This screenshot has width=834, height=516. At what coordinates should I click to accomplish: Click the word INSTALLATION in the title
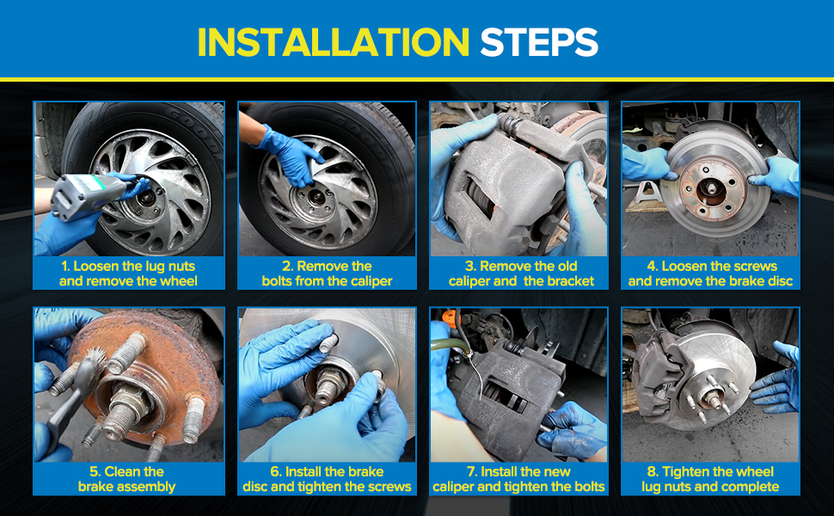click(x=334, y=42)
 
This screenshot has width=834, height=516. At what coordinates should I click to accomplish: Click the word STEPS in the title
click(x=539, y=42)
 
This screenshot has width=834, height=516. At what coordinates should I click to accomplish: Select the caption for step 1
click(x=128, y=273)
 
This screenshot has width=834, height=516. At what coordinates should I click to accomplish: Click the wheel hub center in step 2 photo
click(x=317, y=198)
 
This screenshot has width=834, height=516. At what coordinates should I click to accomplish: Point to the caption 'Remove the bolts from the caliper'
click(x=327, y=273)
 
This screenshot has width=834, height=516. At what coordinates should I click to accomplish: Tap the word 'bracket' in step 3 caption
click(x=570, y=281)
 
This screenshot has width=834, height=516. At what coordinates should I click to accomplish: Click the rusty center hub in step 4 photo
click(x=711, y=189)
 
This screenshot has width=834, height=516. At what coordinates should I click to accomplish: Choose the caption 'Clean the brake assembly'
click(x=126, y=479)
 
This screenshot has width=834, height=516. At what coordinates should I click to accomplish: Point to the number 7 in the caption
click(x=470, y=472)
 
